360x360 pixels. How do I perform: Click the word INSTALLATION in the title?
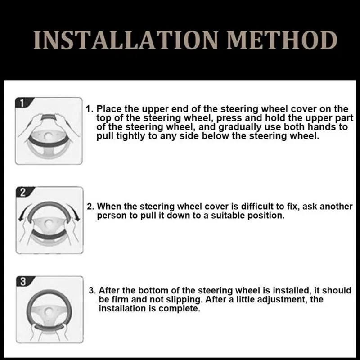(x=126, y=40)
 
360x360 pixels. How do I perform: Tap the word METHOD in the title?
(x=282, y=40)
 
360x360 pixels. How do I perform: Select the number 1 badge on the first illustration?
(x=22, y=103)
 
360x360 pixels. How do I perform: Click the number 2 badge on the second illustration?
(x=23, y=192)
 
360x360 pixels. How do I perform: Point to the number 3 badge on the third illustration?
(x=23, y=282)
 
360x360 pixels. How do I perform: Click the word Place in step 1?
(x=108, y=109)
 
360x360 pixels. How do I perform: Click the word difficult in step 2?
(x=257, y=207)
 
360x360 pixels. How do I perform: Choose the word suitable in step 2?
(x=226, y=216)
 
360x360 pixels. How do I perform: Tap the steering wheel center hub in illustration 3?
(x=48, y=311)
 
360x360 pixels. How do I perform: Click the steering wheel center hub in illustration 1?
(x=48, y=136)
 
